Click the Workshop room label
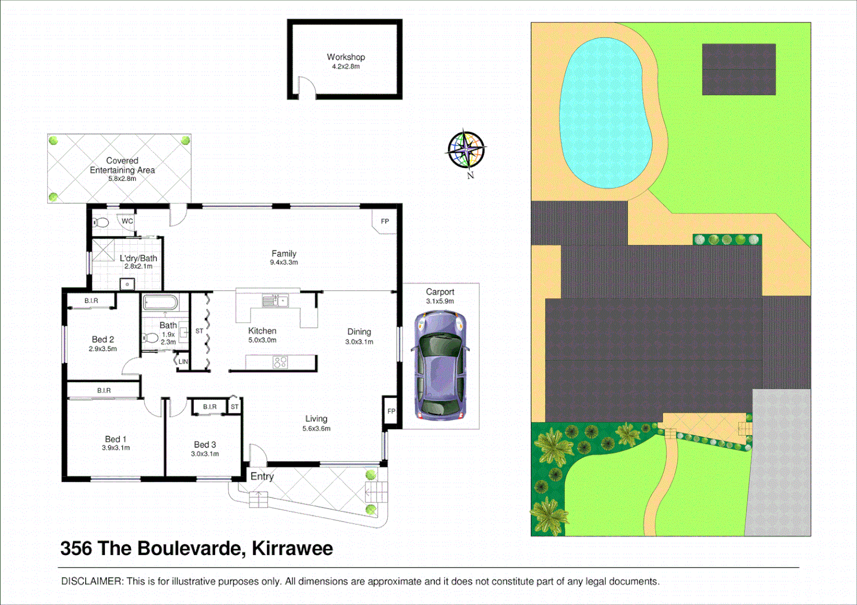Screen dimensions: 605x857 pyautogui.click(x=346, y=57)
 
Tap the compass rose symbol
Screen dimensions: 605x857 pyautogui.click(x=466, y=150)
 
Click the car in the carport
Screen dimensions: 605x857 pyautogui.click(x=440, y=365)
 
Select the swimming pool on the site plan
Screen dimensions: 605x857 pyautogui.click(x=605, y=112)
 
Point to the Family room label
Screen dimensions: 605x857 pyautogui.click(x=284, y=254)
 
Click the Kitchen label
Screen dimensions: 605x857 pyautogui.click(x=262, y=331)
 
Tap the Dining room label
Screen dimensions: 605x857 pyautogui.click(x=359, y=332)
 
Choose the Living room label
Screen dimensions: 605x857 pyautogui.click(x=316, y=419)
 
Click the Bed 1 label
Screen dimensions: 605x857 pyautogui.click(x=115, y=439)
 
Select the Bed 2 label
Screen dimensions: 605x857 pyautogui.click(x=103, y=339)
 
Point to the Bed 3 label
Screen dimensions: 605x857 pyautogui.click(x=205, y=445)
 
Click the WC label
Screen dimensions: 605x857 pyautogui.click(x=127, y=221)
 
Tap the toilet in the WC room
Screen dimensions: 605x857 pyautogui.click(x=101, y=223)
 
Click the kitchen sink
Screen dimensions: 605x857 pyautogui.click(x=275, y=301)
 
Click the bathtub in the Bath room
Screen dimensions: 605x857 pyautogui.click(x=160, y=304)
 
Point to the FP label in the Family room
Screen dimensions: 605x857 pyautogui.click(x=385, y=221)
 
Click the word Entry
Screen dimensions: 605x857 pyautogui.click(x=262, y=476)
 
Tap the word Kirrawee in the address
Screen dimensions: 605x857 pyautogui.click(x=292, y=548)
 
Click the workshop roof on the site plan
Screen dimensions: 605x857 pyautogui.click(x=739, y=69)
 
